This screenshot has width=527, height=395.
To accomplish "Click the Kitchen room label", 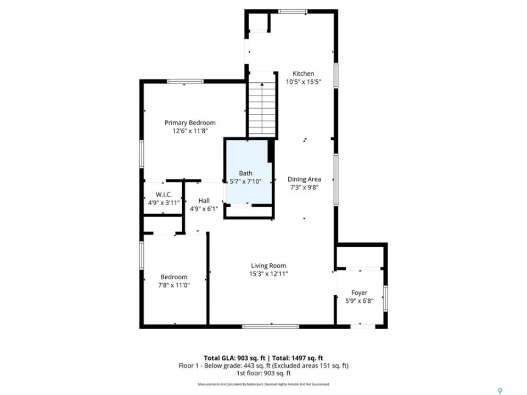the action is coord(303,74).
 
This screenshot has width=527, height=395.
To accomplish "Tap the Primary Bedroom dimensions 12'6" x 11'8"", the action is coord(190,131).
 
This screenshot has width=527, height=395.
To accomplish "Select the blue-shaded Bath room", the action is coord(249,172).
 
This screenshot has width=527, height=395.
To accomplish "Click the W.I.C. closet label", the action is coord(164,194).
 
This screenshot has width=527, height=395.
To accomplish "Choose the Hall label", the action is coord(204,201).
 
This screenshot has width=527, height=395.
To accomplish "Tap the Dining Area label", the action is coord(304,179).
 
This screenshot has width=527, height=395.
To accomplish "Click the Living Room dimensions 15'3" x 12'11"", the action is coord(268,274).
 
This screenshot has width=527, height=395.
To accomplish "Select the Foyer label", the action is coord(359,293).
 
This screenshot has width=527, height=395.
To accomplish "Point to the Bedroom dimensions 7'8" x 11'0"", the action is coord(174,285).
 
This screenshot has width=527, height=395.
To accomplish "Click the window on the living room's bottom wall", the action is coord(271,326).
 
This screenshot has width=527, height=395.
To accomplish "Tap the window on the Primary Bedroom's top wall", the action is coord(185,81).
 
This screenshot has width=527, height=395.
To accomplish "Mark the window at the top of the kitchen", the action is coord(293,12).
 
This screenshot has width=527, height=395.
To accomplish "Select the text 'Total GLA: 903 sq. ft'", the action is coord(234,358).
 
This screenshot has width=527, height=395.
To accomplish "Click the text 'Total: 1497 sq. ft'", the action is coord(298,358).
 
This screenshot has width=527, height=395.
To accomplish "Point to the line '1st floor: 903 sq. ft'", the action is coord(263,373).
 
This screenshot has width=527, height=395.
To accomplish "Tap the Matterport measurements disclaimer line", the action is coord(263,384).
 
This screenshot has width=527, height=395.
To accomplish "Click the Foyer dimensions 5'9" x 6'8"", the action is coord(360,301).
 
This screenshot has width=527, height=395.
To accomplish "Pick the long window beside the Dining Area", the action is coord(336,180).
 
